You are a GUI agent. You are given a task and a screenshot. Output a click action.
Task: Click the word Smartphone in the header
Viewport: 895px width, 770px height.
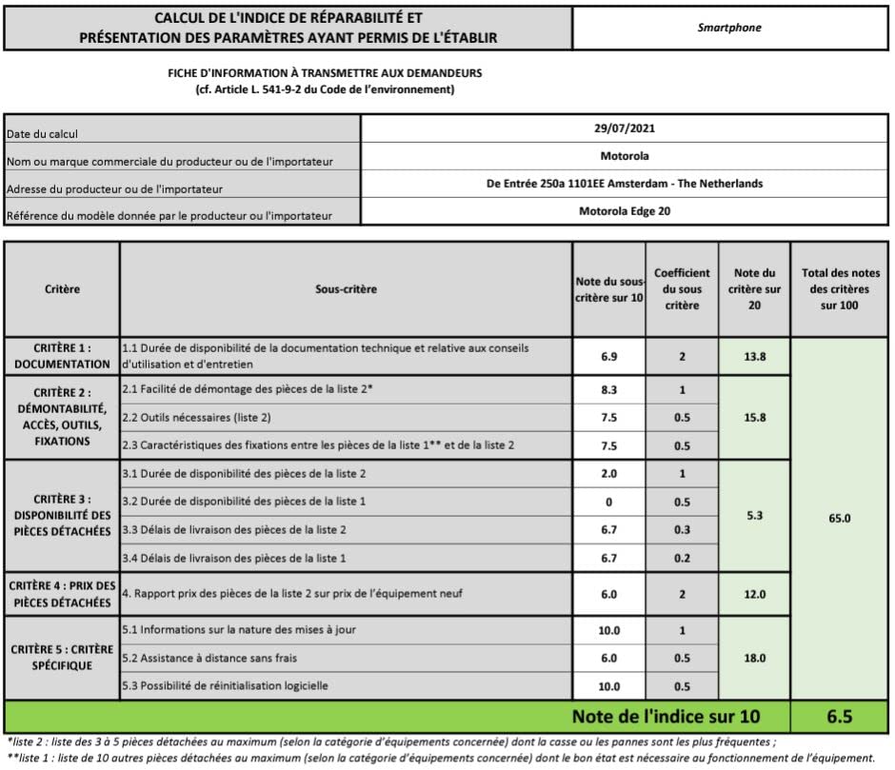[x=729, y=28]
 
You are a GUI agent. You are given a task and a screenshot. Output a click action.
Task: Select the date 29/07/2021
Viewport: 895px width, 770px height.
[x=625, y=128]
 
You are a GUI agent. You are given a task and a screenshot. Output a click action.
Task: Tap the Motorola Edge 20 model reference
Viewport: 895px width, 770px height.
[x=625, y=211]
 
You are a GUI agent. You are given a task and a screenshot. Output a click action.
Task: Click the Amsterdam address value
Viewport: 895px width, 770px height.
[x=625, y=184]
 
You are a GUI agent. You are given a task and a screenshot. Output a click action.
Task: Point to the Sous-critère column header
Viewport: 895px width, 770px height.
[x=346, y=288]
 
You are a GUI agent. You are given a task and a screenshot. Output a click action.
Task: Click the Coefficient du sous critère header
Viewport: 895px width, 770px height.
[x=682, y=288]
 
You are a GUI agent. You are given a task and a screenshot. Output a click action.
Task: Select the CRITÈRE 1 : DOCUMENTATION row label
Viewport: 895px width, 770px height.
[x=62, y=356]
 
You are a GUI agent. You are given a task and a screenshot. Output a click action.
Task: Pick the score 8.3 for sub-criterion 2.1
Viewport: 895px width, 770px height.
[x=609, y=390]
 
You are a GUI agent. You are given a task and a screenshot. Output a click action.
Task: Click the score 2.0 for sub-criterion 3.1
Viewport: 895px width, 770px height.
[x=609, y=474]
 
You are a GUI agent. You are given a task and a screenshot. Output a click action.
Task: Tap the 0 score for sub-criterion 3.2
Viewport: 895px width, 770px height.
[x=609, y=502]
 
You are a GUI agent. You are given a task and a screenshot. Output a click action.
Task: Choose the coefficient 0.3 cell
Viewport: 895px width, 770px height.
[x=682, y=529]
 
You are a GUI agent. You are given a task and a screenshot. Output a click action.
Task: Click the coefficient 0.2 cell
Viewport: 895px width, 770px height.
[x=682, y=558]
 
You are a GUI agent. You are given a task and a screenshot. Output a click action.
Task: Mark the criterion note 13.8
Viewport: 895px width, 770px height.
[x=755, y=357]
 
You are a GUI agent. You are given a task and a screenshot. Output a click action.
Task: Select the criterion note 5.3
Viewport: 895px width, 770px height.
[x=755, y=516]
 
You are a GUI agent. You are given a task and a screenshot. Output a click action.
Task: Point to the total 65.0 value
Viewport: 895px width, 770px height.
[x=842, y=520]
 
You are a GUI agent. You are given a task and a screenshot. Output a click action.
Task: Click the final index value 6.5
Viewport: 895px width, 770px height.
[x=842, y=716]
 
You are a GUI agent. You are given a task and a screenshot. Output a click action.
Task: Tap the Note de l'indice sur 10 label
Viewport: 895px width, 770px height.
[x=666, y=716]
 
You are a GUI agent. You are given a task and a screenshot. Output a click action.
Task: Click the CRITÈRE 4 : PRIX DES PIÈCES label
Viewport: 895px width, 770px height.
[x=62, y=593]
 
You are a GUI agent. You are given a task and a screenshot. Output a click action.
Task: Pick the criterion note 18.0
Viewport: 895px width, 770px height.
[x=755, y=658]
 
